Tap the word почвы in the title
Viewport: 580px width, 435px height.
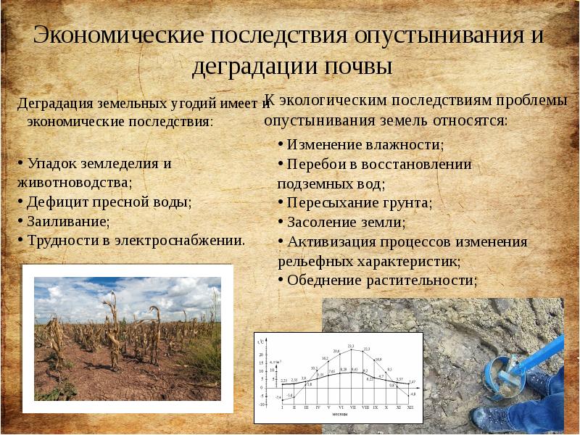click(355, 67)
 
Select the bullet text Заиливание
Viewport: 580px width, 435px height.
click(68, 221)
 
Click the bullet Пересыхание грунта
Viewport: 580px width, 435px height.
click(359, 203)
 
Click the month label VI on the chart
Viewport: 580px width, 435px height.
click(338, 408)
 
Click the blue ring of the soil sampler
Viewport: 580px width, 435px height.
click(500, 370)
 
